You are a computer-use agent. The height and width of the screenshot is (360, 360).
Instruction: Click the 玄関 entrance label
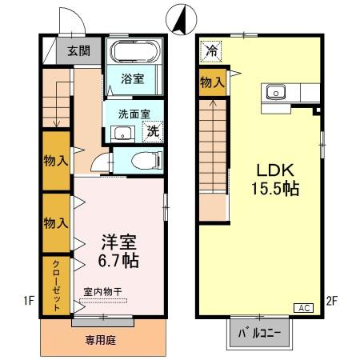78,50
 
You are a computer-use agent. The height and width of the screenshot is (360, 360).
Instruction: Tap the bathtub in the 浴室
136,54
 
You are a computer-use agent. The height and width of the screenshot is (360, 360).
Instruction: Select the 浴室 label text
132,78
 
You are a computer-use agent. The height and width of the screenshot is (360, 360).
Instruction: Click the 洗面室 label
129,113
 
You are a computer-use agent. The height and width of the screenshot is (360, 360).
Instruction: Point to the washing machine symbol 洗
152,130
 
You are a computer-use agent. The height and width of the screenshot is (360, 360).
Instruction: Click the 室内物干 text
102,292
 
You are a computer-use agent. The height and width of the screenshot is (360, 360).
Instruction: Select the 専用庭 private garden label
102,339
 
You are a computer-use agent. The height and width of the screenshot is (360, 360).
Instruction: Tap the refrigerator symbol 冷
212,51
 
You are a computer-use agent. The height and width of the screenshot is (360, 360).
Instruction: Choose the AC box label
304,307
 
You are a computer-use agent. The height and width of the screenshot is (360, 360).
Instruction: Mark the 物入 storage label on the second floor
213,82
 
